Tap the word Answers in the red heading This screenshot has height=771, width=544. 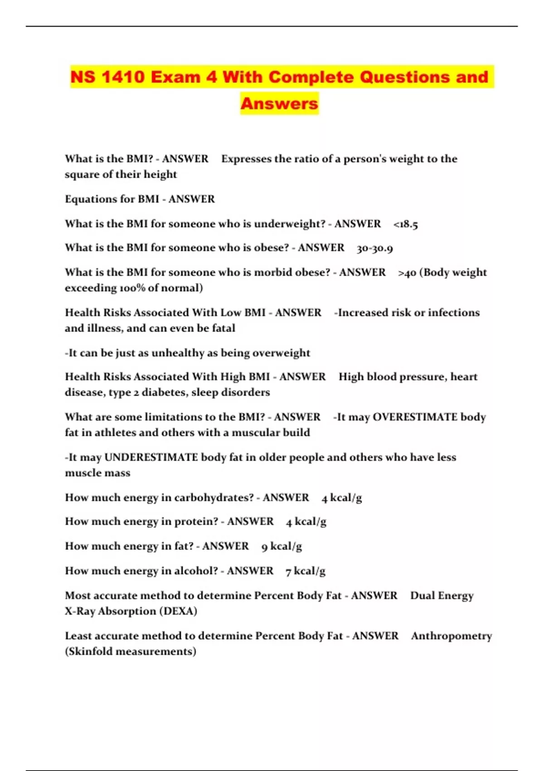pos(279,104)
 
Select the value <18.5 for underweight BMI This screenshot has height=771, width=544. pos(406,224)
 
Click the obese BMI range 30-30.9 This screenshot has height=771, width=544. pos(375,248)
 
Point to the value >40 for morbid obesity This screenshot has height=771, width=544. pos(407,273)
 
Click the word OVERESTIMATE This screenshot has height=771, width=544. pos(415,417)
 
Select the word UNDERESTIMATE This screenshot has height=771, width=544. pos(151,457)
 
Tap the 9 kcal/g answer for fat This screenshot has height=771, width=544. pos(282,547)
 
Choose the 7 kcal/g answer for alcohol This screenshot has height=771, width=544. pos(306,571)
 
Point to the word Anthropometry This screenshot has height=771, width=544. pos(452,636)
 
